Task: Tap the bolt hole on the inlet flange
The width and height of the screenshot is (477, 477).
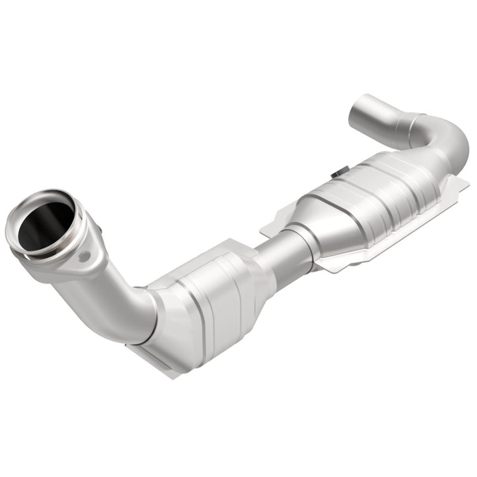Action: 83,256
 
